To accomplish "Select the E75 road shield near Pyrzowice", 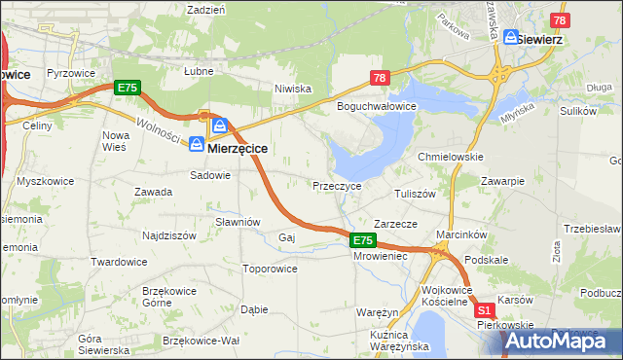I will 128,88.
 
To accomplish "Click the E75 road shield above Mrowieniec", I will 362,239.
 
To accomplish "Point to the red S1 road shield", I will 485,310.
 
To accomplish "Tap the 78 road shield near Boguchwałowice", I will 380,78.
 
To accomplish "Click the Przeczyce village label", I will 337,185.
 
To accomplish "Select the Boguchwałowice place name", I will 377,105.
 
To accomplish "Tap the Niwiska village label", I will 292,89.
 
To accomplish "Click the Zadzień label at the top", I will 205,9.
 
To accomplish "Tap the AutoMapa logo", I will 563,341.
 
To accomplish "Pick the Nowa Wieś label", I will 115,140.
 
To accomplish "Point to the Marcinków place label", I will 461,234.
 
